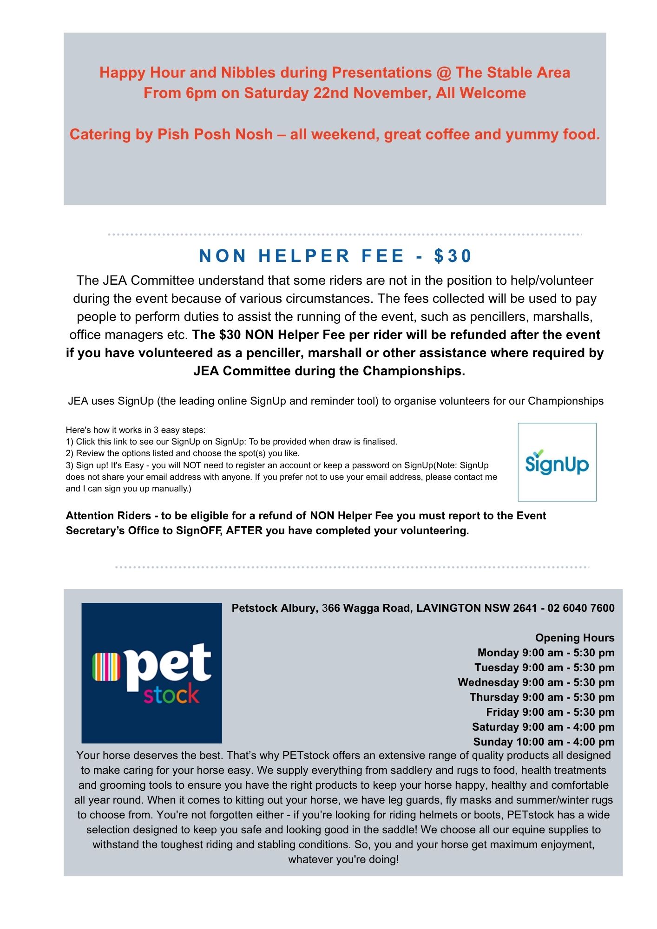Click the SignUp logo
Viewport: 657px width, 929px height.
coord(557,462)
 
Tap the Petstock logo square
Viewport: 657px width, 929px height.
coord(151,673)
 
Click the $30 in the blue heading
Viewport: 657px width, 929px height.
coord(453,256)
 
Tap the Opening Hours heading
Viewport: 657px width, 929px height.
coord(574,638)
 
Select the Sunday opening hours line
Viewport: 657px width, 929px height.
coord(544,742)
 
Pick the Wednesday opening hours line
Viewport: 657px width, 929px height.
coord(536,682)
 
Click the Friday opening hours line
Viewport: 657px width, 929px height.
coord(550,712)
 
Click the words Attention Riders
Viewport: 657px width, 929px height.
coord(108,516)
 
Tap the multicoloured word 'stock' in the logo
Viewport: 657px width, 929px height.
coord(171,695)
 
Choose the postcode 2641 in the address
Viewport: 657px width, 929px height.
coord(525,608)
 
